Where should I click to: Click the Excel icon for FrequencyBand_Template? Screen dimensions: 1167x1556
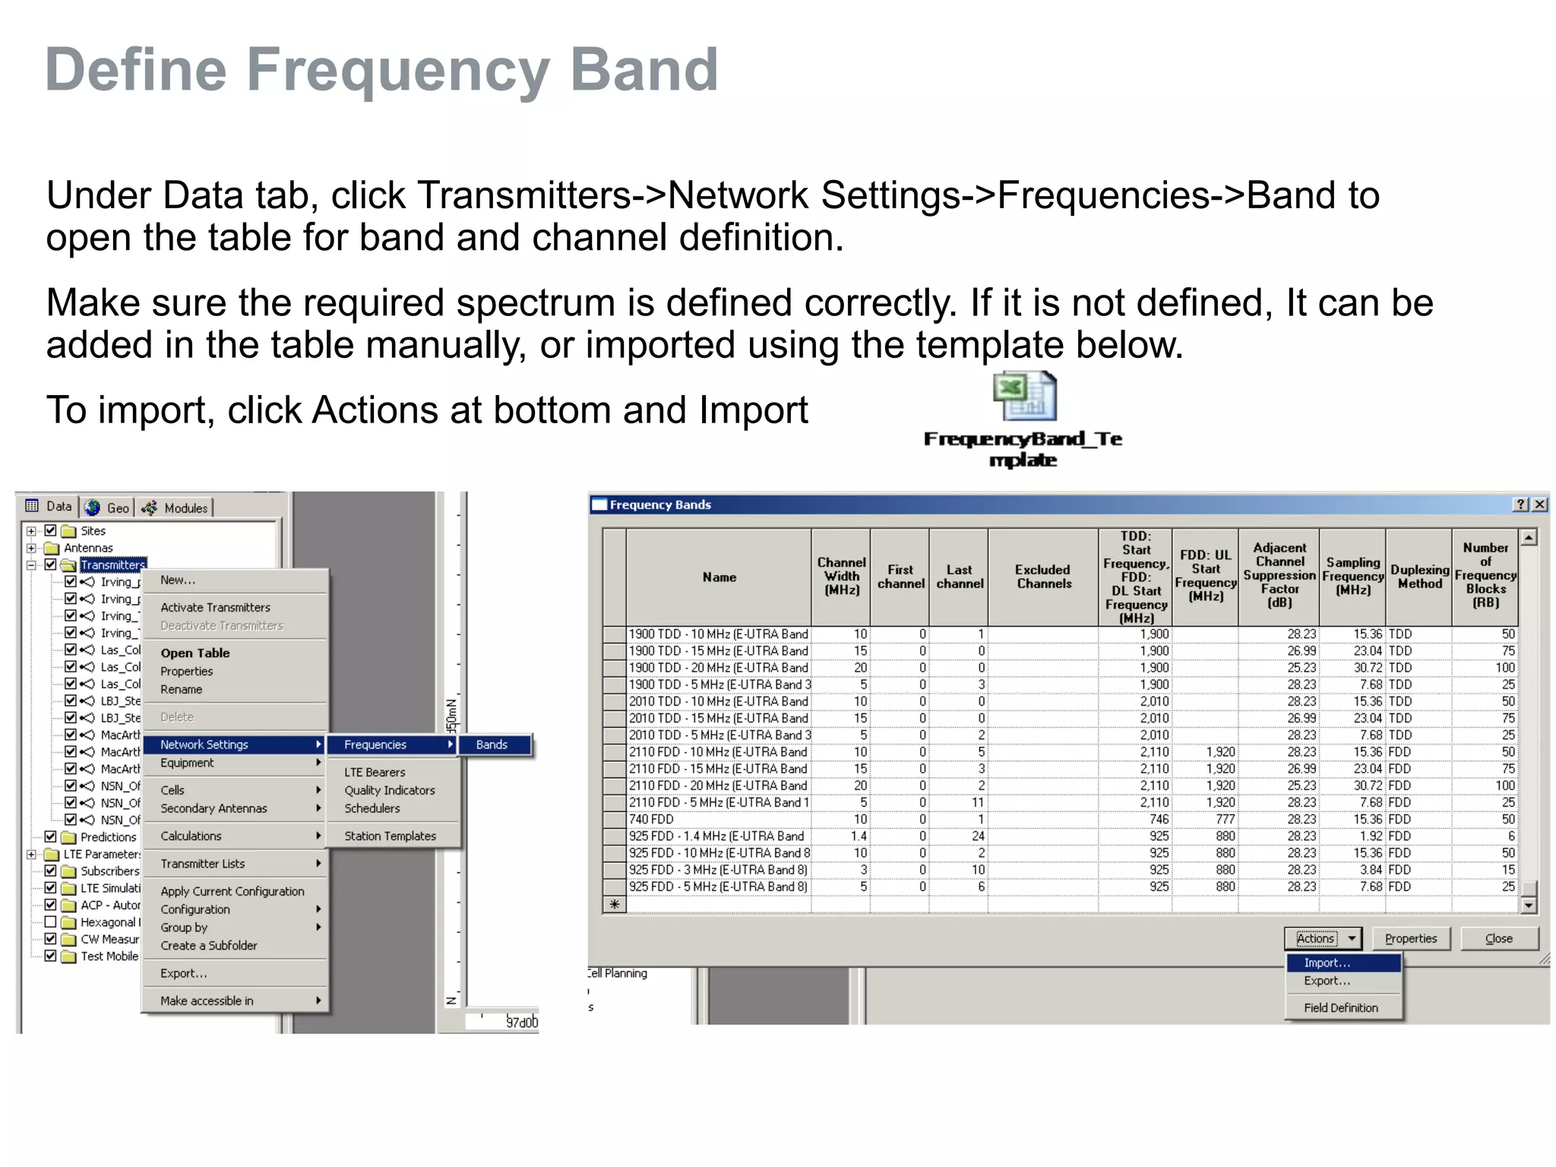[x=1024, y=396]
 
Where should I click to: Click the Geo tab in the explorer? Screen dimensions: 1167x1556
[x=109, y=508]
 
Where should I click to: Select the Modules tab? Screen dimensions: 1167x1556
[x=176, y=508]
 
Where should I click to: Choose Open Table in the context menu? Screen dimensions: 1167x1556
[x=194, y=653]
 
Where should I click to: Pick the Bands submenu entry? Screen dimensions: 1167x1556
[x=493, y=745]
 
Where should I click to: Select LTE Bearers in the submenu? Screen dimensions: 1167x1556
[x=375, y=772]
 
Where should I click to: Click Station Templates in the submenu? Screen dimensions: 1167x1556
[x=390, y=836]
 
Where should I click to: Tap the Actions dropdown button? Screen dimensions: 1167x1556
[x=1323, y=938]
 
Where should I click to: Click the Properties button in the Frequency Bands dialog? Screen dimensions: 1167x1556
[x=1411, y=938]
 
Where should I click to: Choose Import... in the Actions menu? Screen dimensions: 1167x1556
[x=1327, y=963]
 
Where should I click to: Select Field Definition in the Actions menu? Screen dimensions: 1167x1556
[x=1340, y=1007]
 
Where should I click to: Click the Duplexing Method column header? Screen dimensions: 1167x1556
[x=1418, y=577]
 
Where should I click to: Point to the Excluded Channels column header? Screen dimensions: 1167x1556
[x=1042, y=577]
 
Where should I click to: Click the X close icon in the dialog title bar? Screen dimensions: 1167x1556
[x=1539, y=504]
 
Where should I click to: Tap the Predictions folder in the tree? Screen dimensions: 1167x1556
[x=108, y=837]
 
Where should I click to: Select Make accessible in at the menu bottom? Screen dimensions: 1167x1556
[x=207, y=1001]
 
